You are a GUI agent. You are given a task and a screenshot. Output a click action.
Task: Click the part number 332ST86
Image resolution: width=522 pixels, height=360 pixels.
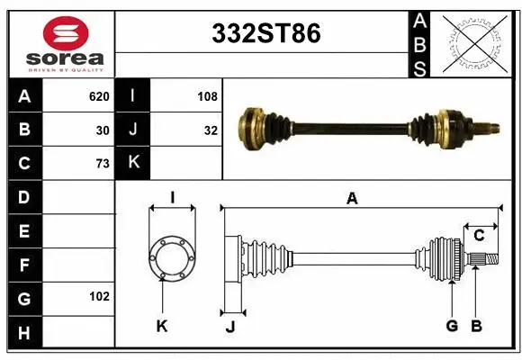click(x=265, y=33)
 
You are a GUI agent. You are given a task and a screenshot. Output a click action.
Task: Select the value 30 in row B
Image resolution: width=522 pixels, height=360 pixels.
click(x=103, y=129)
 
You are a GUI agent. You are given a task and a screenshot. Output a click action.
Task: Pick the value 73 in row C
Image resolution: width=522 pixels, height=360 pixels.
click(x=103, y=163)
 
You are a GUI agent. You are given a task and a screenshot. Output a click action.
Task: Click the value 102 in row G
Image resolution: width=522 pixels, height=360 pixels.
click(x=99, y=296)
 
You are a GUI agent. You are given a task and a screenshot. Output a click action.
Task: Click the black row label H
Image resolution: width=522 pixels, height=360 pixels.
click(x=24, y=332)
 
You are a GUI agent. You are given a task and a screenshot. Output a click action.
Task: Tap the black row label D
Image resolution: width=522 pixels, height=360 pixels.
click(x=24, y=197)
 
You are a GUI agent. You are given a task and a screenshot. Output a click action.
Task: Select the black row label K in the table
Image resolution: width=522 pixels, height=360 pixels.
click(x=133, y=163)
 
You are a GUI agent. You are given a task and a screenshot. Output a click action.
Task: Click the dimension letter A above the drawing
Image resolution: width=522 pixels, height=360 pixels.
click(x=352, y=199)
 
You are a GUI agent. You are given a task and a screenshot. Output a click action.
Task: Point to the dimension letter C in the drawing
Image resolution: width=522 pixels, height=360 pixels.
click(x=479, y=236)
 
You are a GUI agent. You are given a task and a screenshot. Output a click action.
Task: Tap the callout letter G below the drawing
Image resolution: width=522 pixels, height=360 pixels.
click(x=452, y=326)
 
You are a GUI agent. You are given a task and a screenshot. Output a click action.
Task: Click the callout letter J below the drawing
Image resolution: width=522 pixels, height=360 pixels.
click(x=230, y=327)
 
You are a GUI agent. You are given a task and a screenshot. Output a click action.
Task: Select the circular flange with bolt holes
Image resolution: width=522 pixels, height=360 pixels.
click(x=171, y=259)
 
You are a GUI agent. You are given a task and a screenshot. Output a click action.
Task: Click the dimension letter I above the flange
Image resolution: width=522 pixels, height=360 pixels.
click(x=171, y=197)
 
